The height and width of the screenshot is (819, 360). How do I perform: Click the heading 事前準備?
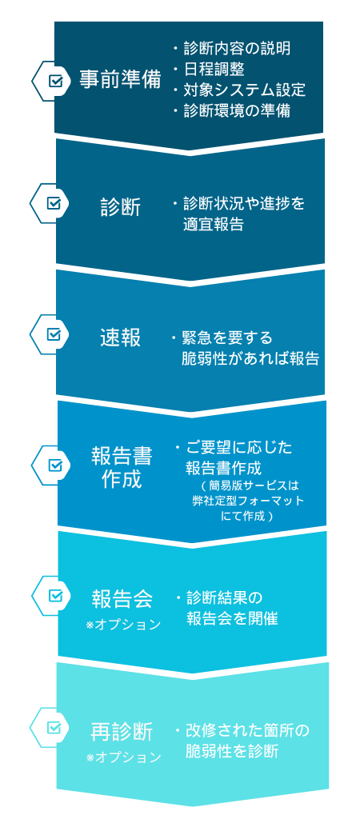coord(120,79)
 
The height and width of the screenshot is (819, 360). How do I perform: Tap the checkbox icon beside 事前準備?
coord(56,81)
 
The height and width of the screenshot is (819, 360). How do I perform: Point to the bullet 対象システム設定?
coord(245,90)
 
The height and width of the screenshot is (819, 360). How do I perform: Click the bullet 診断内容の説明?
coord(238,49)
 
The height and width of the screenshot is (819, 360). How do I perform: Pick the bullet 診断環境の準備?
coord(238,110)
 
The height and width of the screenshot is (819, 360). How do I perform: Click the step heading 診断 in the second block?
coord(121,207)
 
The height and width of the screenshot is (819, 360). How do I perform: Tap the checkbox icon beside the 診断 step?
coord(54,202)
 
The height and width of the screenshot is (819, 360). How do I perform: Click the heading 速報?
coord(121,338)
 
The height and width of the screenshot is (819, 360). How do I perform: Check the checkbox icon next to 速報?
coord(54,334)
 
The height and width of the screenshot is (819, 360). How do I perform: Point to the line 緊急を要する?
coord(227,338)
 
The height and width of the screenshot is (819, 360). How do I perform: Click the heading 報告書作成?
coord(122,467)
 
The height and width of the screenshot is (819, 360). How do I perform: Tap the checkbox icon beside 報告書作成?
coord(56,465)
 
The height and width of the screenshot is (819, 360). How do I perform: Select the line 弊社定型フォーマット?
coord(248,501)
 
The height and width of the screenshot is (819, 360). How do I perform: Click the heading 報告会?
coord(122,598)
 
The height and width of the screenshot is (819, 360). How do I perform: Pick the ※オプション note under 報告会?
coord(123,624)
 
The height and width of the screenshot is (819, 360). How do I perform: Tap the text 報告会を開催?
coord(232,618)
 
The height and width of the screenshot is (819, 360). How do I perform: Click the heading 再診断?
coord(122,731)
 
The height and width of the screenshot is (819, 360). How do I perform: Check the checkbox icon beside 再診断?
coord(54,727)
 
